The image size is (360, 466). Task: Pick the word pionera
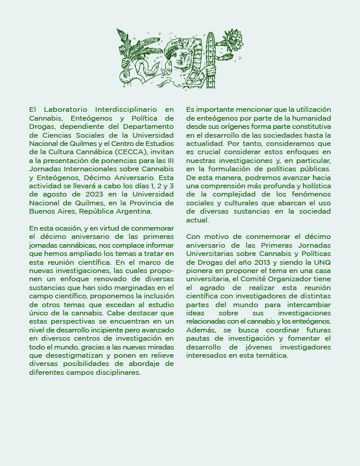(x=199, y=270)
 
